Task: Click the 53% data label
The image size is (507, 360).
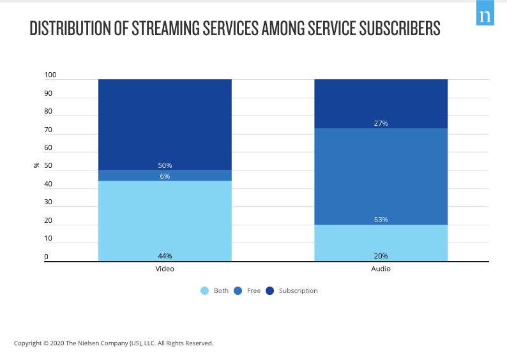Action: coord(381,220)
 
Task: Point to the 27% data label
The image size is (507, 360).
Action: coord(381,123)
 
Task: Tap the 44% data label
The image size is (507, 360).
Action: coord(165,256)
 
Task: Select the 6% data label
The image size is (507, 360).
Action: coord(165,176)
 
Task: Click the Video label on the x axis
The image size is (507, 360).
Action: coord(165,269)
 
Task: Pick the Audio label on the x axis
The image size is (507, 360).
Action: coord(381,269)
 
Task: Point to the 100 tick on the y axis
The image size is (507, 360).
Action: coord(50,75)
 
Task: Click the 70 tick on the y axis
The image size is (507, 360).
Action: coord(49,130)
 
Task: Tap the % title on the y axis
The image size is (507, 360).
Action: coord(36,166)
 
